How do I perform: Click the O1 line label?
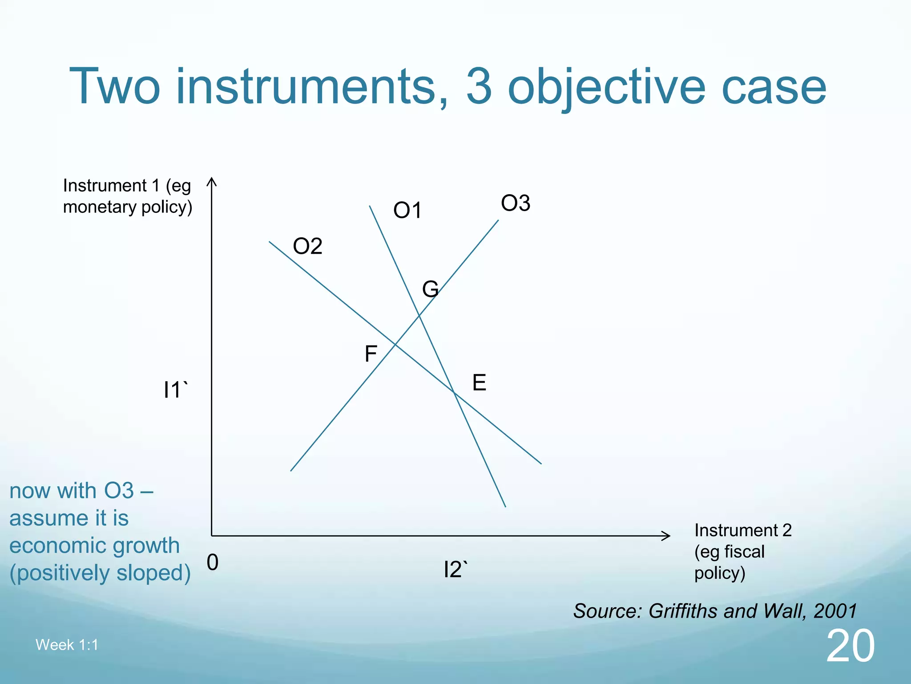(407, 210)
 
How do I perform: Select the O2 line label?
(307, 246)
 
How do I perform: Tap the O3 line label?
(516, 204)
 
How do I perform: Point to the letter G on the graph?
(430, 289)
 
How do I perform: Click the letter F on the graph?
(371, 354)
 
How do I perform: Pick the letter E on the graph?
(479, 383)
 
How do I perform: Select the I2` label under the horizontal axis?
(455, 570)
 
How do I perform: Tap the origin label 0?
(213, 562)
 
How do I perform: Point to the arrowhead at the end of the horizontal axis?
(668, 536)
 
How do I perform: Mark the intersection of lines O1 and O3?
(419, 316)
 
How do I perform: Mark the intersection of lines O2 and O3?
(395, 344)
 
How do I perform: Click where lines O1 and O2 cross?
(454, 392)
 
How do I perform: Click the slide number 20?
(850, 646)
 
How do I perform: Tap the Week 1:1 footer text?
(67, 645)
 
